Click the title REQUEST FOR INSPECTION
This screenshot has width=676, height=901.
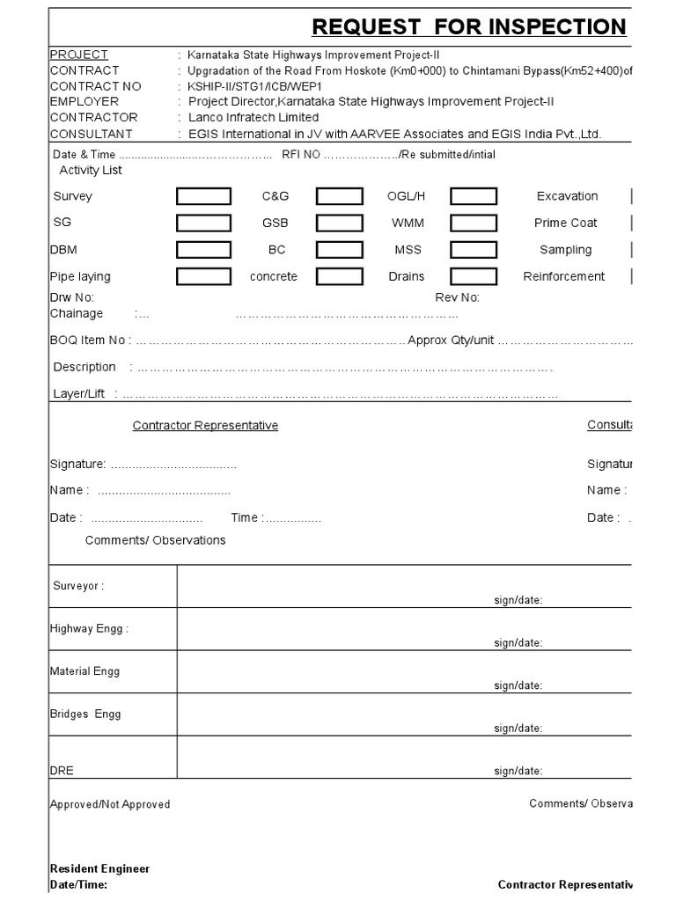469,27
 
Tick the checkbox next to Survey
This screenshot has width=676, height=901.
203,196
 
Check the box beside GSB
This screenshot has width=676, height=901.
339,223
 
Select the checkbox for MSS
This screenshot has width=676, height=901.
473,250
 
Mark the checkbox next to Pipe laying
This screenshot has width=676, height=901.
203,277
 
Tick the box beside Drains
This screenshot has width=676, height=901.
473,277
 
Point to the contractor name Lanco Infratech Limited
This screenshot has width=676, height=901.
253,117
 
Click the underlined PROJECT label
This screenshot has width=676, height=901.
79,55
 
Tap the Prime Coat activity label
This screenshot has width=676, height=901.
565,223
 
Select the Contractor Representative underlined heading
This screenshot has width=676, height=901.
205,426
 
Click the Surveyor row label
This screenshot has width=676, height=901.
78,586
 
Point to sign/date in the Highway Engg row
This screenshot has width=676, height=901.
518,643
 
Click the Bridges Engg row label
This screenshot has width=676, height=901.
85,714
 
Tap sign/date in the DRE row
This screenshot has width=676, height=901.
518,772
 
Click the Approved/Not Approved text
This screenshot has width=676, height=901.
110,804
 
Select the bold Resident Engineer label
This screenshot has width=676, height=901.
99,868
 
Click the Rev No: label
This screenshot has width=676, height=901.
457,297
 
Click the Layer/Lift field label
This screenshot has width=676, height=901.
79,393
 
